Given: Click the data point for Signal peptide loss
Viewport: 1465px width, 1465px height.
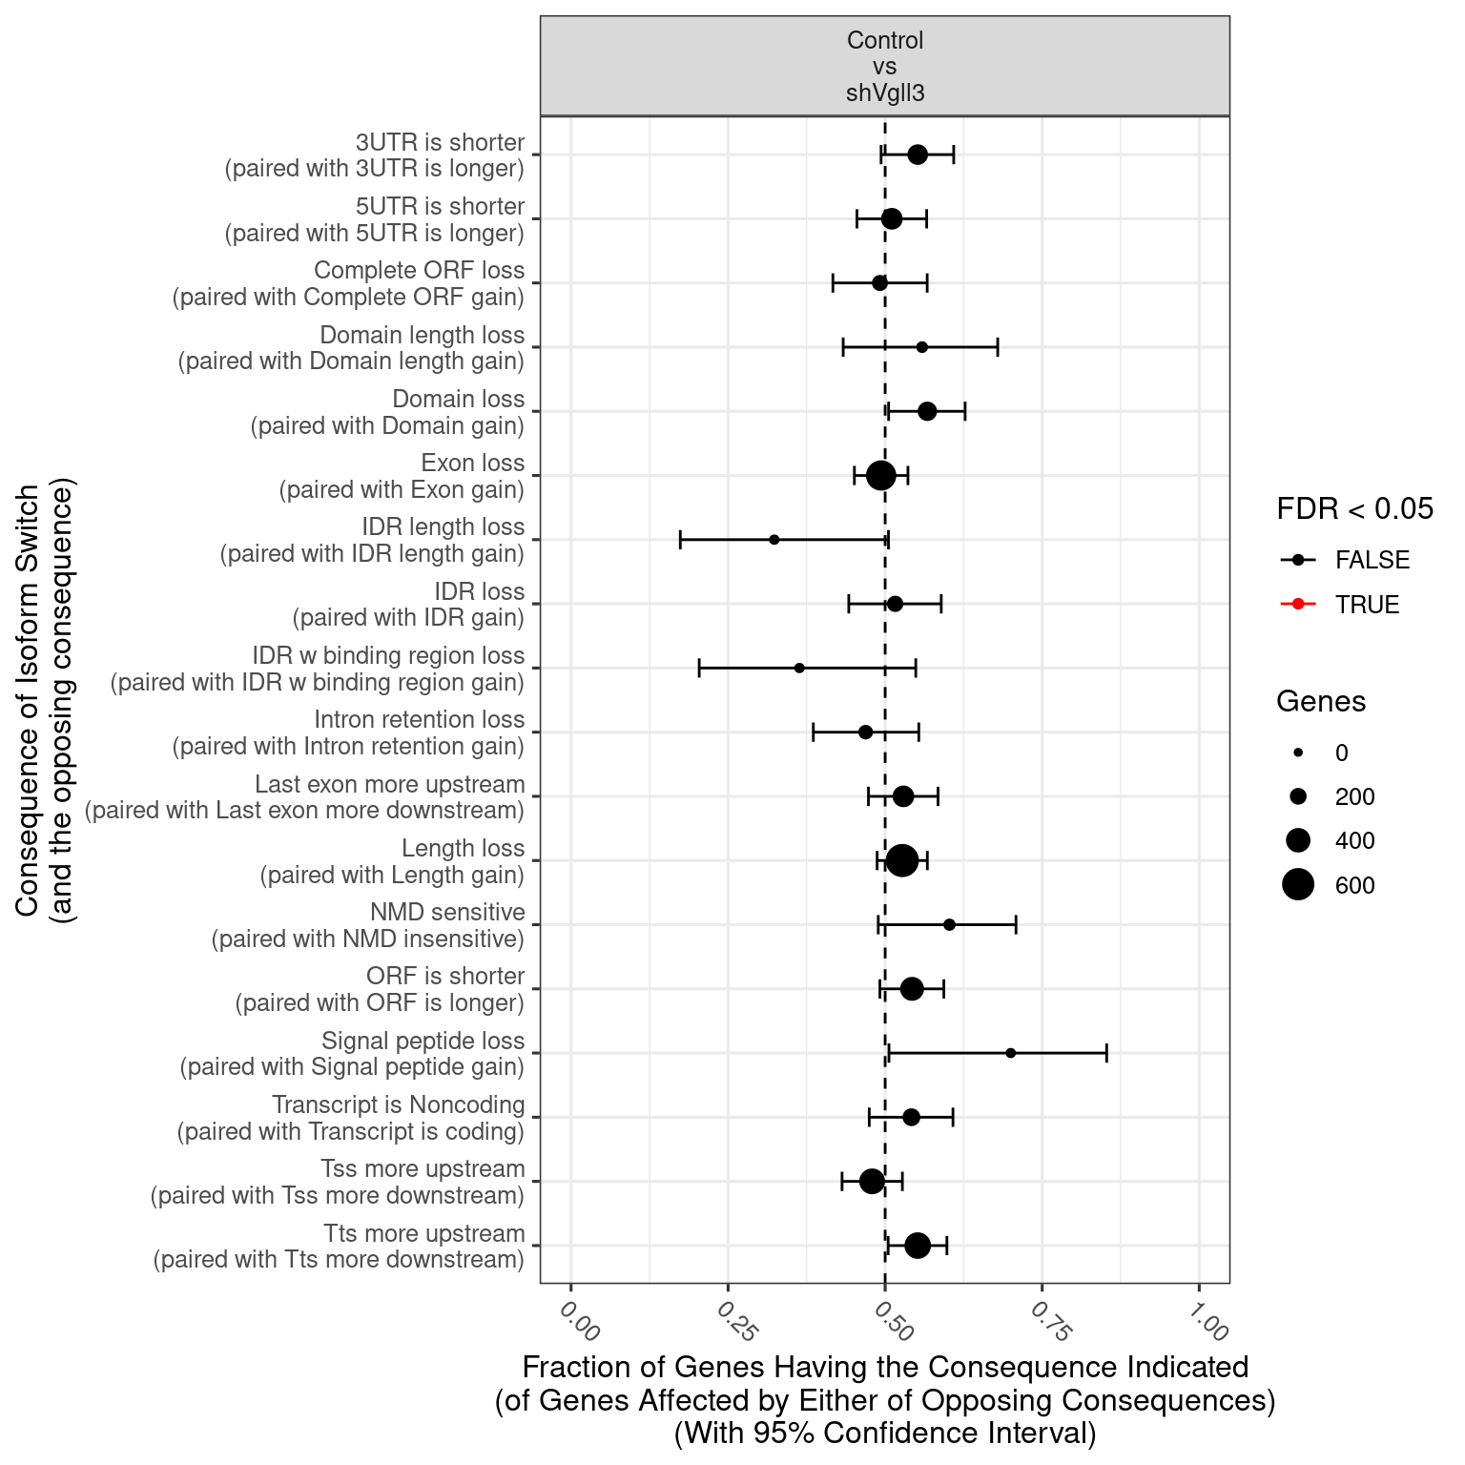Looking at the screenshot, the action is (1010, 1053).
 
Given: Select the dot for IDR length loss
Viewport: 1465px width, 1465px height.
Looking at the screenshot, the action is (774, 540).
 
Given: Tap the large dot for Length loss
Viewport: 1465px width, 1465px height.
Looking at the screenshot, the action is (902, 860).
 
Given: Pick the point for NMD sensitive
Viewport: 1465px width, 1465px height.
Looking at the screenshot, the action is (949, 924).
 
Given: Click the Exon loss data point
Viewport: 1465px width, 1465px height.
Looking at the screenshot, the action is (881, 475).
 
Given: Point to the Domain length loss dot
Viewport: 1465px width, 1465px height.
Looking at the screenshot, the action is (921, 347).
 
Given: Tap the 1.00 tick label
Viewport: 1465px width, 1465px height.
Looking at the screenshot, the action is (1207, 1321).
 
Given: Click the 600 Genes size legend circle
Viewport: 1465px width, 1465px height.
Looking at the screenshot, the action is (1298, 885).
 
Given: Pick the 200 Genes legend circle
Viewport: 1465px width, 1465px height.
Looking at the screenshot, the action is (1298, 796).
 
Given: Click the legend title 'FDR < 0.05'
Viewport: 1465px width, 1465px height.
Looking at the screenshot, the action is (1354, 509).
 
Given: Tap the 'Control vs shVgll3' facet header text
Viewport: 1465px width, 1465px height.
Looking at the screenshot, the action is (885, 67).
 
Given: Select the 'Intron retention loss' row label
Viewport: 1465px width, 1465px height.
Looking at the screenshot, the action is (420, 720).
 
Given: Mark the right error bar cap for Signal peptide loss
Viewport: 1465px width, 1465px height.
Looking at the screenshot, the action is (1106, 1053).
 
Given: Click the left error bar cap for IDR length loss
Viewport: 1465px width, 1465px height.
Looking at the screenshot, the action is (680, 540).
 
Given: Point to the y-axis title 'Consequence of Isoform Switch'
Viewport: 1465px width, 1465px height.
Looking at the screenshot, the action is (28, 700).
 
